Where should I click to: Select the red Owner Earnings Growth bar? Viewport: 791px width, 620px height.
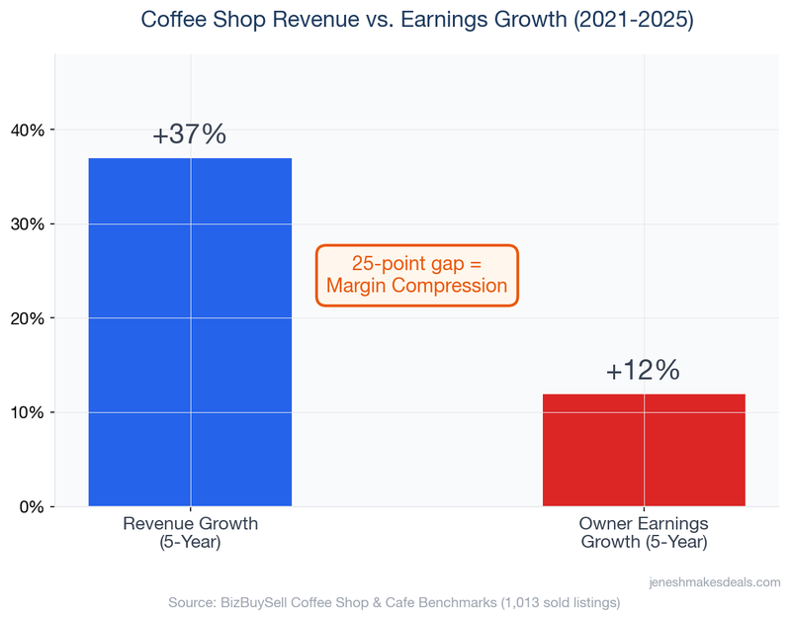(644, 450)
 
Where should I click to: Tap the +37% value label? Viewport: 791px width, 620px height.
(190, 135)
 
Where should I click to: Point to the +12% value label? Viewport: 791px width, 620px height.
(644, 371)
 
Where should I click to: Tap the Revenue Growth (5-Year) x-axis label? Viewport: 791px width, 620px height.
(190, 533)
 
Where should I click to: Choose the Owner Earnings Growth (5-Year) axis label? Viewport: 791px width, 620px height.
(644, 533)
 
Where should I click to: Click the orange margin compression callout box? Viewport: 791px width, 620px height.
(416, 275)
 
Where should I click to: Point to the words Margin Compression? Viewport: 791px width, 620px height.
(416, 287)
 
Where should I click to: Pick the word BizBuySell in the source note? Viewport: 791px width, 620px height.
(250, 602)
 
